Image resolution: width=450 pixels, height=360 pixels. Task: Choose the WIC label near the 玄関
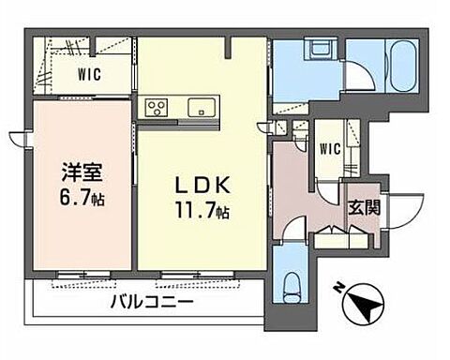click(x=330, y=148)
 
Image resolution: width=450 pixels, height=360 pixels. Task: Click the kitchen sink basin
click(x=200, y=106)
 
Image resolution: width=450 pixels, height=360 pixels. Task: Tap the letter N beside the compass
click(x=337, y=289)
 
